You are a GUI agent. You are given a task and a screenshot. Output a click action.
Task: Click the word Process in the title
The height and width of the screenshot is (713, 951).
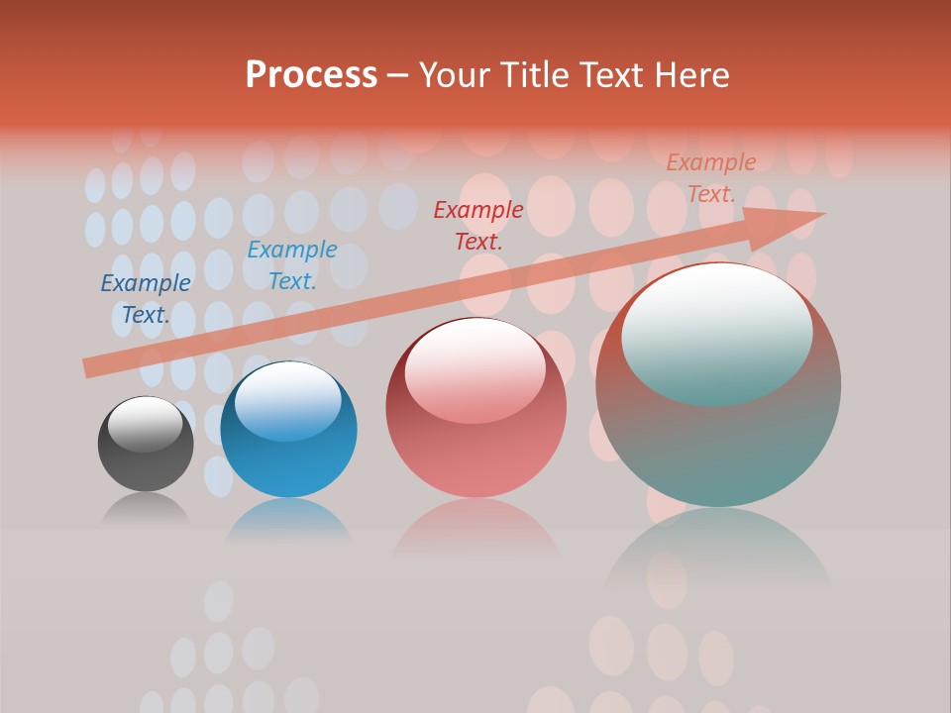click(x=311, y=75)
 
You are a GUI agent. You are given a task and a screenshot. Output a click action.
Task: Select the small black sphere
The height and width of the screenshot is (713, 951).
click(x=146, y=465)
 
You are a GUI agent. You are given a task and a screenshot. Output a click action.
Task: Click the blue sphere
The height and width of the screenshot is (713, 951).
click(x=288, y=465)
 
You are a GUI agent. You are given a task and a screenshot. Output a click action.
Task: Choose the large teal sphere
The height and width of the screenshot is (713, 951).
click(x=718, y=446)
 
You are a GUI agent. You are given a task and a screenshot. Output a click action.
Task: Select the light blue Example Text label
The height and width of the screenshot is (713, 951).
click(x=292, y=265)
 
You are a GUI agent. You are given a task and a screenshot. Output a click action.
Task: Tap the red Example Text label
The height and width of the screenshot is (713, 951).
click(x=478, y=225)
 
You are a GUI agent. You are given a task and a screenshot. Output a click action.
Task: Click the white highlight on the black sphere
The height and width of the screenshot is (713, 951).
click(x=146, y=423)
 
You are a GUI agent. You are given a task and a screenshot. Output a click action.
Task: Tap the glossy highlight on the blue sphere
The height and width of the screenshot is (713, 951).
click(x=288, y=399)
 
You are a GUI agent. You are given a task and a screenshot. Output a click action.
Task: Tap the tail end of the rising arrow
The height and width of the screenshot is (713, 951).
click(x=91, y=367)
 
